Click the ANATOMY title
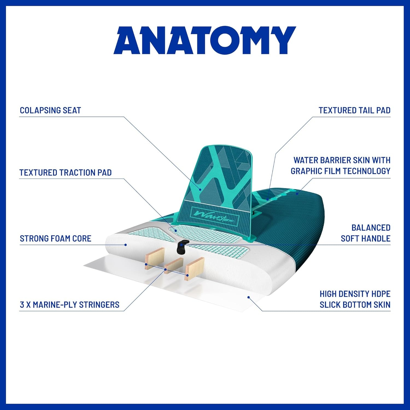(x=205, y=40)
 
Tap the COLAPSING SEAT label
(x=51, y=110)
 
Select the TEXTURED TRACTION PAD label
(x=66, y=172)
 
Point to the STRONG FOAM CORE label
(x=55, y=238)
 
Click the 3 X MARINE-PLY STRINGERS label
(x=70, y=304)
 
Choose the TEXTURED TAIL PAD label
(x=355, y=110)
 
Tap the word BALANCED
(x=371, y=227)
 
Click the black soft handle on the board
(x=181, y=247)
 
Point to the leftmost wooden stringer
(x=154, y=259)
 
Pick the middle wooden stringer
(x=174, y=265)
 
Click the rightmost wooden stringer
(x=195, y=269)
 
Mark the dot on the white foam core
(x=126, y=245)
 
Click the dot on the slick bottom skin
(x=249, y=297)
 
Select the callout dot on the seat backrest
(x=200, y=189)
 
